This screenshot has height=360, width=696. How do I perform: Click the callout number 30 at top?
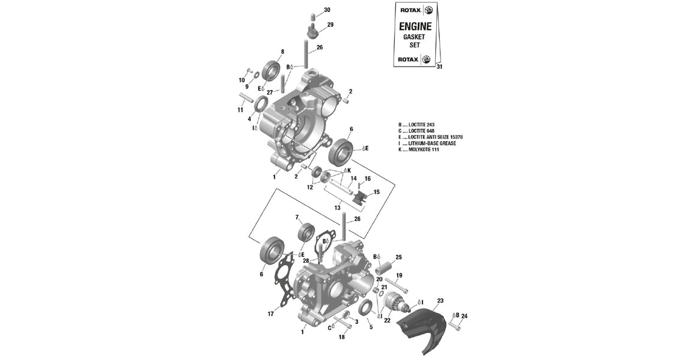[326, 10]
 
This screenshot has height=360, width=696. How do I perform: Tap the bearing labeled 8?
[272, 70]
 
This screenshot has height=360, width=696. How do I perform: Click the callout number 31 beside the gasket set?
[439, 67]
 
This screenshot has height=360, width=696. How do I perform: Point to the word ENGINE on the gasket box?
[415, 26]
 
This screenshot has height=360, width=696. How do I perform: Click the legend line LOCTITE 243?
[421, 124]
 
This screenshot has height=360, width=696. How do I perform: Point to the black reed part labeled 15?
[361, 198]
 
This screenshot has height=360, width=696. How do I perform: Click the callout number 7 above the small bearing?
[296, 217]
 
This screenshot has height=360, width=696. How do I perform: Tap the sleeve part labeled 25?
[383, 265]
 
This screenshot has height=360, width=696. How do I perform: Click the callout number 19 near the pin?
[399, 275]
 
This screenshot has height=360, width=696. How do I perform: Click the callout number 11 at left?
[240, 110]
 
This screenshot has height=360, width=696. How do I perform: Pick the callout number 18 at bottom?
[341, 337]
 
